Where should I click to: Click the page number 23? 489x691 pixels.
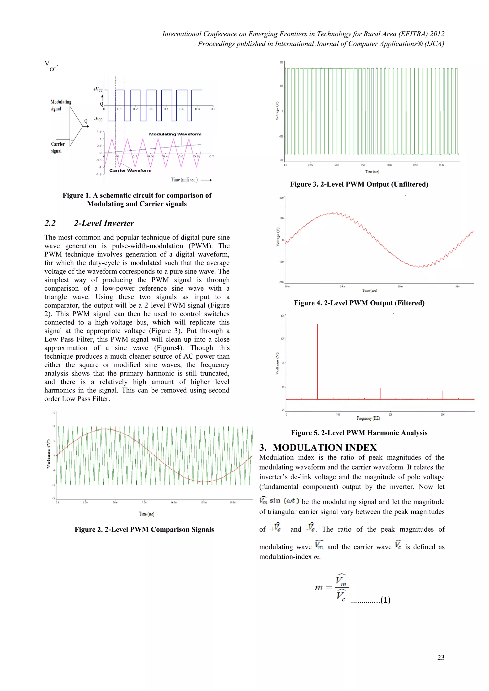tap(441, 657)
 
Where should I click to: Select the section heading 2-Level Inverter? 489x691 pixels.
tap(104, 223)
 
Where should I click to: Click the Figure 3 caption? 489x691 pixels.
tap(359, 184)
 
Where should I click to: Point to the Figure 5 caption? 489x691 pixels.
tap(359, 433)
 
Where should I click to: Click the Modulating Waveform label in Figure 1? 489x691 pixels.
tap(175, 134)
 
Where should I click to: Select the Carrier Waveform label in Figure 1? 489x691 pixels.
tap(130, 171)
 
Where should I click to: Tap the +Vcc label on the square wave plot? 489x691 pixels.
tap(98, 89)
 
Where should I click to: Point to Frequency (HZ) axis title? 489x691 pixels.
tap(368, 418)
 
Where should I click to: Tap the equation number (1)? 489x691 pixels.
tap(385, 600)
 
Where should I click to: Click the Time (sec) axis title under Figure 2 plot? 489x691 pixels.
tap(146, 514)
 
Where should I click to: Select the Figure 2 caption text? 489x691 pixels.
tap(144, 529)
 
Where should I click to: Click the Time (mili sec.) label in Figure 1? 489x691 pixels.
tap(184, 180)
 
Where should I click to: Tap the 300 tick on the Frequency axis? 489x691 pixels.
tap(443, 415)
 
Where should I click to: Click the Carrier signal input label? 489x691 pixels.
tap(58, 147)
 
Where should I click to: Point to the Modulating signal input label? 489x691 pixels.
tap(60, 105)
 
